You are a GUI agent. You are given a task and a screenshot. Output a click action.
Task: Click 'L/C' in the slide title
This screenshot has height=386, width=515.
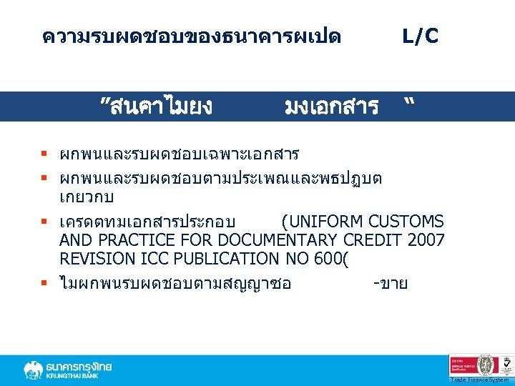421,36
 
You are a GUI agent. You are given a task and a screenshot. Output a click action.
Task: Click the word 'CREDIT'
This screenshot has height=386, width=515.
373,240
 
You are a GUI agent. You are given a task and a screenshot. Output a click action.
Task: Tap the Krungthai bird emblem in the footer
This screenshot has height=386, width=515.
33,370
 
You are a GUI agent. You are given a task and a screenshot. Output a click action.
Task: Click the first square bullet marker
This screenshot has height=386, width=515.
44,154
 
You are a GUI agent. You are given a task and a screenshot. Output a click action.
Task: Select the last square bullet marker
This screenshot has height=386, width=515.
44,284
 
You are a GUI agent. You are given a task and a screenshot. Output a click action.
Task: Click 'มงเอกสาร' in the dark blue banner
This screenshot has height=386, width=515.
331,107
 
